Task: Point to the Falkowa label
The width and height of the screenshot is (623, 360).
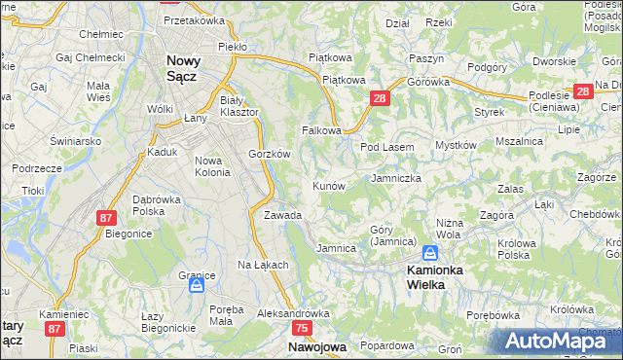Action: (321, 129)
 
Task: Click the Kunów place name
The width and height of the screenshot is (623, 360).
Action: (329, 185)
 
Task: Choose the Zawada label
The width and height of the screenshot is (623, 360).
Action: (282, 215)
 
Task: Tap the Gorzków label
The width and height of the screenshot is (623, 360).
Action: (270, 154)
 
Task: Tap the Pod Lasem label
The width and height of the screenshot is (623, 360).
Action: (387, 147)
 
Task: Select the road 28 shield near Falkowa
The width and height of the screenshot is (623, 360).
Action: (380, 98)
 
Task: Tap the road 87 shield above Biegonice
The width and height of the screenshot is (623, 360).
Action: (106, 219)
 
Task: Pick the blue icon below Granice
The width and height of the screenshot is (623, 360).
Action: (197, 286)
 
